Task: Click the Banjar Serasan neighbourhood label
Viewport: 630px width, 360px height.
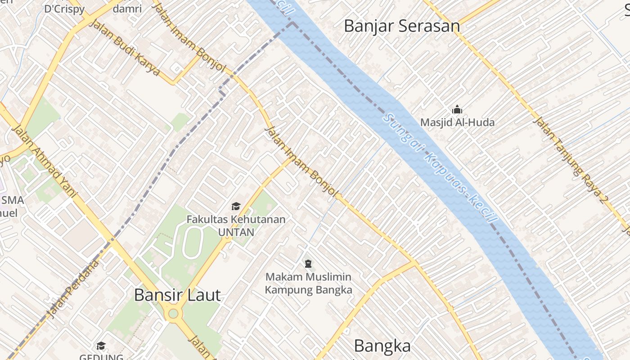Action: pos(402,26)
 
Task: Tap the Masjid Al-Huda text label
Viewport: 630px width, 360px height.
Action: pos(457,122)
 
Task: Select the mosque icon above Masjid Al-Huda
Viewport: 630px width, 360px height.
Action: pos(457,109)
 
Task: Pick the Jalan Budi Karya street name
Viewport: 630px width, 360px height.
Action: pos(124,47)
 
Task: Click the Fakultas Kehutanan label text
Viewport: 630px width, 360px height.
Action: pos(236,220)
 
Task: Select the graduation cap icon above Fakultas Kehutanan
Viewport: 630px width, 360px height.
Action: pos(236,207)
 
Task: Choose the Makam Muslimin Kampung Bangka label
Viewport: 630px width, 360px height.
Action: pos(308,283)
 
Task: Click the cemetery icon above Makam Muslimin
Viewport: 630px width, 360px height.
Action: pos(308,263)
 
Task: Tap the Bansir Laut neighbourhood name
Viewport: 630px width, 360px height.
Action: pos(177,295)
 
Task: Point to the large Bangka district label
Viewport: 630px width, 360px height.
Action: pos(382,346)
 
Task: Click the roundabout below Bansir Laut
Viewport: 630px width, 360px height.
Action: pos(172,314)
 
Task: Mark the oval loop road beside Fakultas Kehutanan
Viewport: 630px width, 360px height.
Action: pos(193,243)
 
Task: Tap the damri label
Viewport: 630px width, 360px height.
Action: pos(127,9)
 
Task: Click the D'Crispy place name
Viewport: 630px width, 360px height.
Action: pos(64,9)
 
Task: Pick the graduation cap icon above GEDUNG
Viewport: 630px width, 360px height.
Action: pos(101,346)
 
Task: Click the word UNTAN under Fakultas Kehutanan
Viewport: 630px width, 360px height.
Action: pos(236,232)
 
